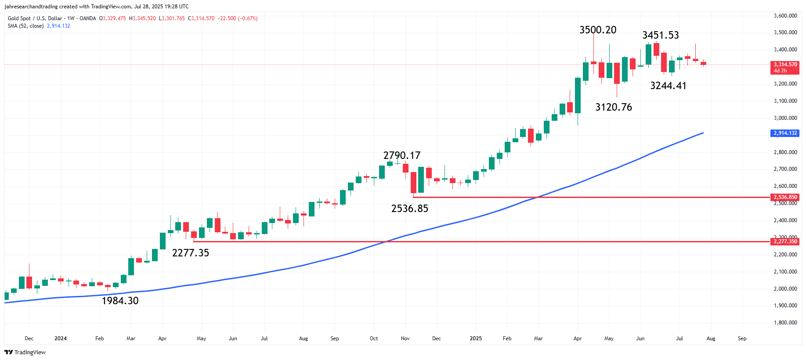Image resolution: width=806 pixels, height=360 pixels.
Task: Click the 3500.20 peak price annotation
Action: pyautogui.click(x=598, y=30)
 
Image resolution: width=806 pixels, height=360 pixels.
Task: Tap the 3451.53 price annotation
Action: pyautogui.click(x=660, y=35)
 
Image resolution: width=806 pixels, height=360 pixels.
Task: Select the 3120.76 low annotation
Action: pyautogui.click(x=613, y=107)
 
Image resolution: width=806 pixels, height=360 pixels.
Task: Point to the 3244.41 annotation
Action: pyautogui.click(x=668, y=86)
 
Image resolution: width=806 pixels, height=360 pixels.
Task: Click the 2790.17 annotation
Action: pyautogui.click(x=401, y=155)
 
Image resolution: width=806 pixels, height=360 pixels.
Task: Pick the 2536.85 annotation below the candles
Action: pyautogui.click(x=409, y=209)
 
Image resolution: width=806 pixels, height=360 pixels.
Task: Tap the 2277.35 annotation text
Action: pyautogui.click(x=190, y=253)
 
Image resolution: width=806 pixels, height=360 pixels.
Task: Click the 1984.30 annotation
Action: pyautogui.click(x=120, y=301)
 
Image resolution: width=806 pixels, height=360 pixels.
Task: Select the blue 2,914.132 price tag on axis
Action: pyautogui.click(x=785, y=133)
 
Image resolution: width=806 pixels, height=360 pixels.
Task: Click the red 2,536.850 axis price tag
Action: pyautogui.click(x=785, y=197)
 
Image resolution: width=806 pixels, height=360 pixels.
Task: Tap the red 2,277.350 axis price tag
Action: pyautogui.click(x=785, y=241)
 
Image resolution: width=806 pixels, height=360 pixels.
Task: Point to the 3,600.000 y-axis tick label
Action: pyautogui.click(x=785, y=16)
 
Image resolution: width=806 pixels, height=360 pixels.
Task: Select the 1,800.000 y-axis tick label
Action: pyautogui.click(x=785, y=323)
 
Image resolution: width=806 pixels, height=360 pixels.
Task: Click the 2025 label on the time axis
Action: pyautogui.click(x=476, y=338)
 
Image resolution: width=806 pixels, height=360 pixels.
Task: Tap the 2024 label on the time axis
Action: pyautogui.click(x=61, y=338)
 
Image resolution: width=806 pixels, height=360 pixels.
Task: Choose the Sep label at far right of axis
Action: pyautogui.click(x=742, y=338)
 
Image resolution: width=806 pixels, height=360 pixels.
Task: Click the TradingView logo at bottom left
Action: pyautogui.click(x=25, y=352)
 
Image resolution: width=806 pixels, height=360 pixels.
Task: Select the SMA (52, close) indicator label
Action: pyautogui.click(x=25, y=26)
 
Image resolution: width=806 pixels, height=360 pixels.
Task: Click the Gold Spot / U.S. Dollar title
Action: pyautogui.click(x=35, y=18)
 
